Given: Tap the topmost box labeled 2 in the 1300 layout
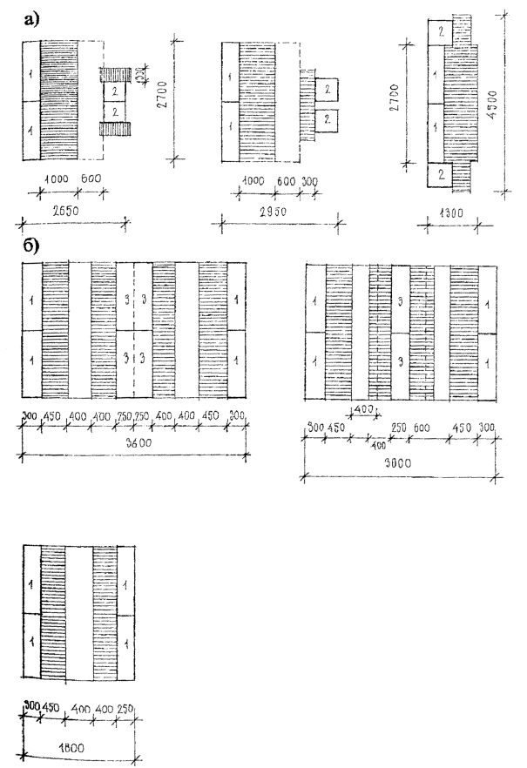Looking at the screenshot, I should (441, 31).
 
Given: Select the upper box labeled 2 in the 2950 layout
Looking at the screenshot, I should (326, 89).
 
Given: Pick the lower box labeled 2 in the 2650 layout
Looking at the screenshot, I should (113, 111).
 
